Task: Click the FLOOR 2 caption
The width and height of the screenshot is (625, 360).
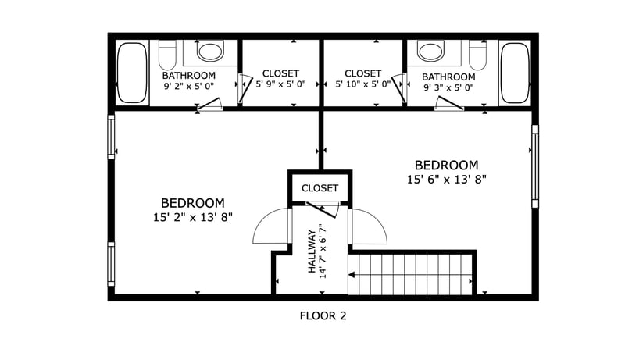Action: [323, 316]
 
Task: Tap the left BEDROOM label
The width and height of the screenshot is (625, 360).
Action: [193, 202]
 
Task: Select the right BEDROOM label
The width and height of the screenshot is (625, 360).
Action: [446, 166]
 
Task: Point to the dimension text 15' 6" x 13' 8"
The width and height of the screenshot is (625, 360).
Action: [446, 180]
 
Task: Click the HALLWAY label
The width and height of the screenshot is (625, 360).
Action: [312, 251]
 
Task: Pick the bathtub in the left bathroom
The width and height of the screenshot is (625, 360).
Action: [132, 73]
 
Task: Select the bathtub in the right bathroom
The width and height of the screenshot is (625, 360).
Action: [514, 73]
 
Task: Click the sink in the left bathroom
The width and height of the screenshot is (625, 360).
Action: [209, 52]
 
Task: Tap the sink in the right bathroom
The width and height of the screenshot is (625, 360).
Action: [430, 52]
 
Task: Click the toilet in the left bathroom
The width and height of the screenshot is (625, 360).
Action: [167, 55]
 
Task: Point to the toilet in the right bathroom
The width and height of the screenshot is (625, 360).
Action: [478, 55]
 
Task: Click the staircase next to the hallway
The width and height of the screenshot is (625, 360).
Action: [412, 273]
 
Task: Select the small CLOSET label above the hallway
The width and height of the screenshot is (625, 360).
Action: [320, 188]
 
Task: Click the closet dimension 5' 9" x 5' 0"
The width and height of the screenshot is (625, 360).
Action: [280, 84]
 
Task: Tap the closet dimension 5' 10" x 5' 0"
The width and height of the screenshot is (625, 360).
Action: [362, 84]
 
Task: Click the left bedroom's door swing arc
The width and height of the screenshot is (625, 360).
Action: [268, 227]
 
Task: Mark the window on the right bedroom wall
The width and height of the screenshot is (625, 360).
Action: [535, 166]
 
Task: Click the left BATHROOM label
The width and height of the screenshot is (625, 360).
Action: [188, 76]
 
